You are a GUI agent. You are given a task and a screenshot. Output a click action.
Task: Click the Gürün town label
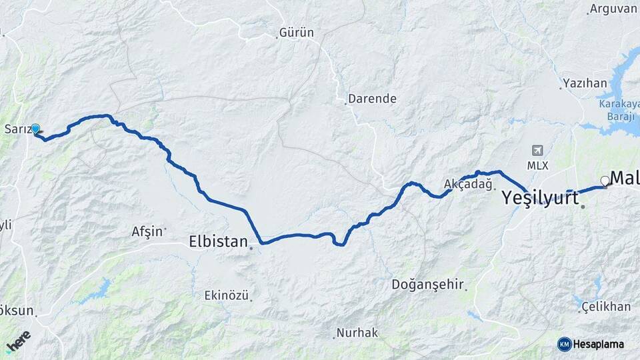[x=297, y=32]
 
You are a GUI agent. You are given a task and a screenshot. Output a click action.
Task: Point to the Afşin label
[x=147, y=231]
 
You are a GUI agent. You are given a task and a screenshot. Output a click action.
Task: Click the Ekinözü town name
[x=227, y=295]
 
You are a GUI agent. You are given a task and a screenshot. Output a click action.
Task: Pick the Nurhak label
[x=357, y=332]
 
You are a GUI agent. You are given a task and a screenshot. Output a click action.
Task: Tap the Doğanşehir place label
[x=427, y=285]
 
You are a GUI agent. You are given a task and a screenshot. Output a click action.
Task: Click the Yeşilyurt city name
[x=540, y=197]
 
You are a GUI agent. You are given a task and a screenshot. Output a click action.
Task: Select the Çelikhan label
[x=606, y=306]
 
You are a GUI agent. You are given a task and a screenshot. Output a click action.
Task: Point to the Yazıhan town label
[x=585, y=83]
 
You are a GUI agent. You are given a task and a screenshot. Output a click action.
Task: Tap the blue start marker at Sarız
[x=35, y=129]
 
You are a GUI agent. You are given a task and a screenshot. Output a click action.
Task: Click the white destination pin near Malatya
[x=605, y=181]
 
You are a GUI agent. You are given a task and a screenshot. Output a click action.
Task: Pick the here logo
[x=19, y=340]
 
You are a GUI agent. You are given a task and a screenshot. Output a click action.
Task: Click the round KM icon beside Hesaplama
[x=564, y=344]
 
